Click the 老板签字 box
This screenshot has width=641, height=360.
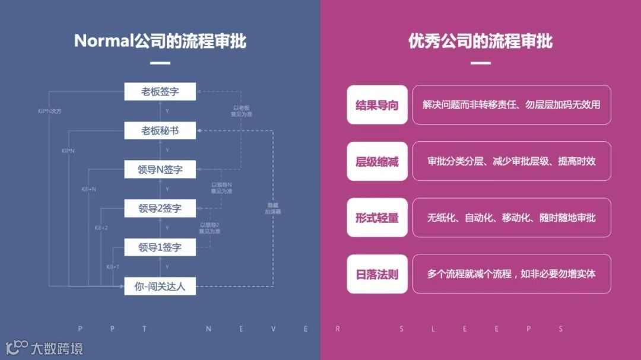[160, 91]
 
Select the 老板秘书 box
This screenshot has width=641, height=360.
[160, 130]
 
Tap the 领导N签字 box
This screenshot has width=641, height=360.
[160, 169]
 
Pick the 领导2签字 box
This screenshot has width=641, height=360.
[160, 208]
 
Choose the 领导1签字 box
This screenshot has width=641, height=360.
[160, 247]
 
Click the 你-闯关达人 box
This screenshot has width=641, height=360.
[160, 286]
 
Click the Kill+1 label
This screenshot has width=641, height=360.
[113, 267]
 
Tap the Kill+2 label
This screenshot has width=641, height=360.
[101, 228]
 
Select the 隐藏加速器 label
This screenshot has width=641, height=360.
[274, 208]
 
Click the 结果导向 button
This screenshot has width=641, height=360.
[377, 105]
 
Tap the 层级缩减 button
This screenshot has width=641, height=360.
[377, 161]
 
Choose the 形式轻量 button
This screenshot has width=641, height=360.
[377, 218]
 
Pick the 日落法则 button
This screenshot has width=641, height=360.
[377, 274]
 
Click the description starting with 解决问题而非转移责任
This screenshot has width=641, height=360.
[511, 105]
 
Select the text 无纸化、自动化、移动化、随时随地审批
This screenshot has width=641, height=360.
[511, 218]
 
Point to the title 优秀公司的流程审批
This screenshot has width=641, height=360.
[480, 41]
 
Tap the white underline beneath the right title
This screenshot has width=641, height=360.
[480, 63]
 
